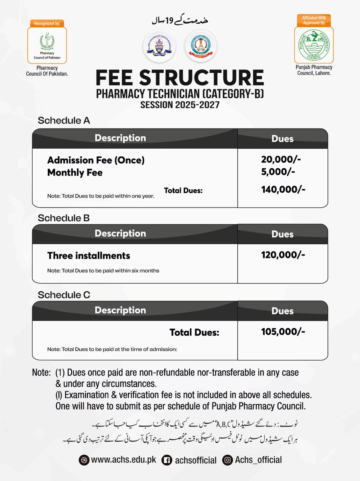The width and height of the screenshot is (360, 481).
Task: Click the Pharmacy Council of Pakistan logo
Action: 47,45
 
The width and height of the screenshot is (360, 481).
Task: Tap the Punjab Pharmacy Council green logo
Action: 314,45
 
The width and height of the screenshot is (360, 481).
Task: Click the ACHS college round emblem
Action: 159,47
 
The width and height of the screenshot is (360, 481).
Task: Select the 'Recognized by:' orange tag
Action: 47,23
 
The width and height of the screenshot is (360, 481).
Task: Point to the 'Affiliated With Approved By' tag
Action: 314,20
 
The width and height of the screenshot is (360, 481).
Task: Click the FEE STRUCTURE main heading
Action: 180,78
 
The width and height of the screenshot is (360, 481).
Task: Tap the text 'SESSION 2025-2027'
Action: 180,105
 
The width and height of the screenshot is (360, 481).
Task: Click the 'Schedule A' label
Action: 64,121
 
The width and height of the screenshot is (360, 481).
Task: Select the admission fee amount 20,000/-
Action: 281,159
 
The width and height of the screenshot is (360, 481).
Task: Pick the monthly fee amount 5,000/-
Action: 278,172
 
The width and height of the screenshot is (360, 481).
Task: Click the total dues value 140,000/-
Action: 283,189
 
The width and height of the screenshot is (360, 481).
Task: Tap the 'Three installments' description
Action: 89,256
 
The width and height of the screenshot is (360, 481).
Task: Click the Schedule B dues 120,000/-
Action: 283,255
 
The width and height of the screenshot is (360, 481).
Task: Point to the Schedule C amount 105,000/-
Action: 283,331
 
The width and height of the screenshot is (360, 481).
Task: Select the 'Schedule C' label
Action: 64,295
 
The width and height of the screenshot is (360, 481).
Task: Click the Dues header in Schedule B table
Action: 282,234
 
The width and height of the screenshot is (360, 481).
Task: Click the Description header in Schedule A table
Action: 120,138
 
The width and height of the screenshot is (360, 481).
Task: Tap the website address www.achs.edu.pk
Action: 124,460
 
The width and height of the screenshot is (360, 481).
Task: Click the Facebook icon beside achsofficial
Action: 167,460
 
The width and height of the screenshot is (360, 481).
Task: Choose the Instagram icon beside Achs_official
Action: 227,460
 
